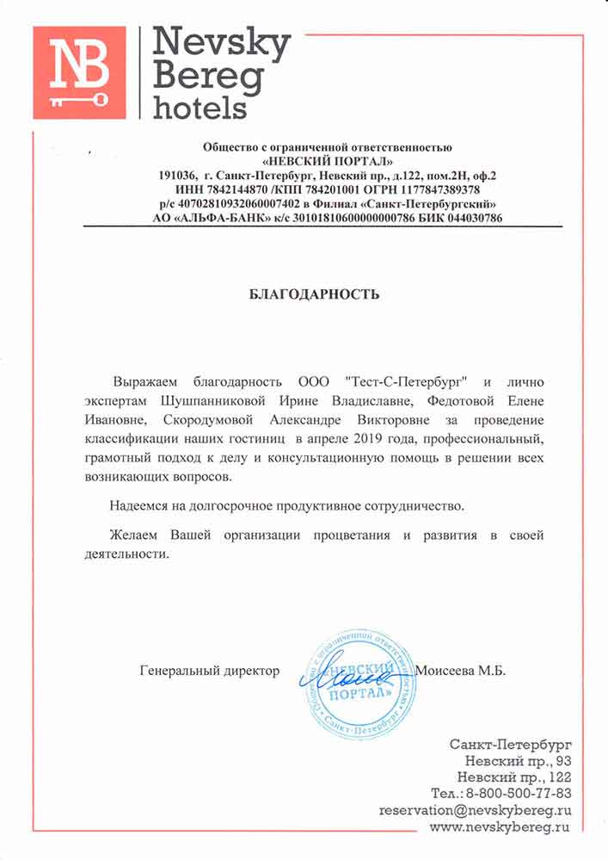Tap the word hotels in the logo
pyautogui.click(x=199, y=107)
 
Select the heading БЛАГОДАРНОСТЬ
pyautogui.click(x=314, y=294)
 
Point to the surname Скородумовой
pyautogui.click(x=249, y=420)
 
